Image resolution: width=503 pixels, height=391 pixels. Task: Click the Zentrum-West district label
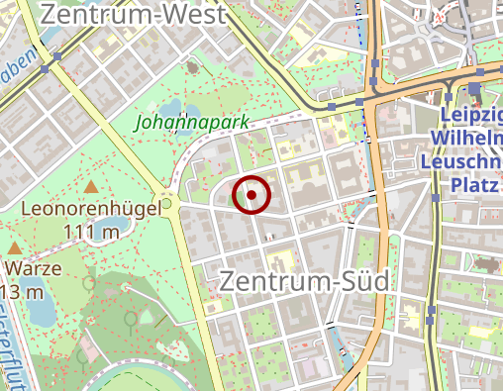(135, 14)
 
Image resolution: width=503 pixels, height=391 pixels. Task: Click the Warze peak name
(35, 268)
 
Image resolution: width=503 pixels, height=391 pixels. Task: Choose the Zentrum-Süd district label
(304, 280)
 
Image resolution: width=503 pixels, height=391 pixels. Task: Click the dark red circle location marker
(251, 194)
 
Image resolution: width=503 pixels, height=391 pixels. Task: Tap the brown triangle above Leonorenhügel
(91, 187)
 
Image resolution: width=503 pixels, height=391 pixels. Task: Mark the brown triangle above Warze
(15, 248)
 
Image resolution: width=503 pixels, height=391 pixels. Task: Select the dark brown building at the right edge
(488, 264)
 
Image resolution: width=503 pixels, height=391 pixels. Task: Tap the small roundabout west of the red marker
(168, 205)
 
